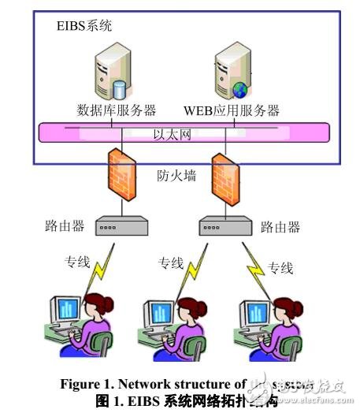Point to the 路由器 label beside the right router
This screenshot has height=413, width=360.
click(281, 227)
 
